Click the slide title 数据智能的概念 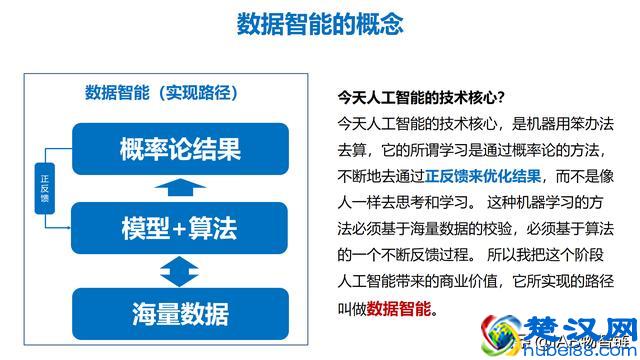[320, 24]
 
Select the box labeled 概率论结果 [180, 150]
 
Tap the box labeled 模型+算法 [180, 229]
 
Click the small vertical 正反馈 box [44, 188]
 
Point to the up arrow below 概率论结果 [180, 190]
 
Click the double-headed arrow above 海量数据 [180, 269]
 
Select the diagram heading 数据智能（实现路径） [160, 94]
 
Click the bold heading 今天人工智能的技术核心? [420, 97]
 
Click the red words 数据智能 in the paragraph [400, 307]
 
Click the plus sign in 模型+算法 [180, 230]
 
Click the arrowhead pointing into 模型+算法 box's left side [70, 229]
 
